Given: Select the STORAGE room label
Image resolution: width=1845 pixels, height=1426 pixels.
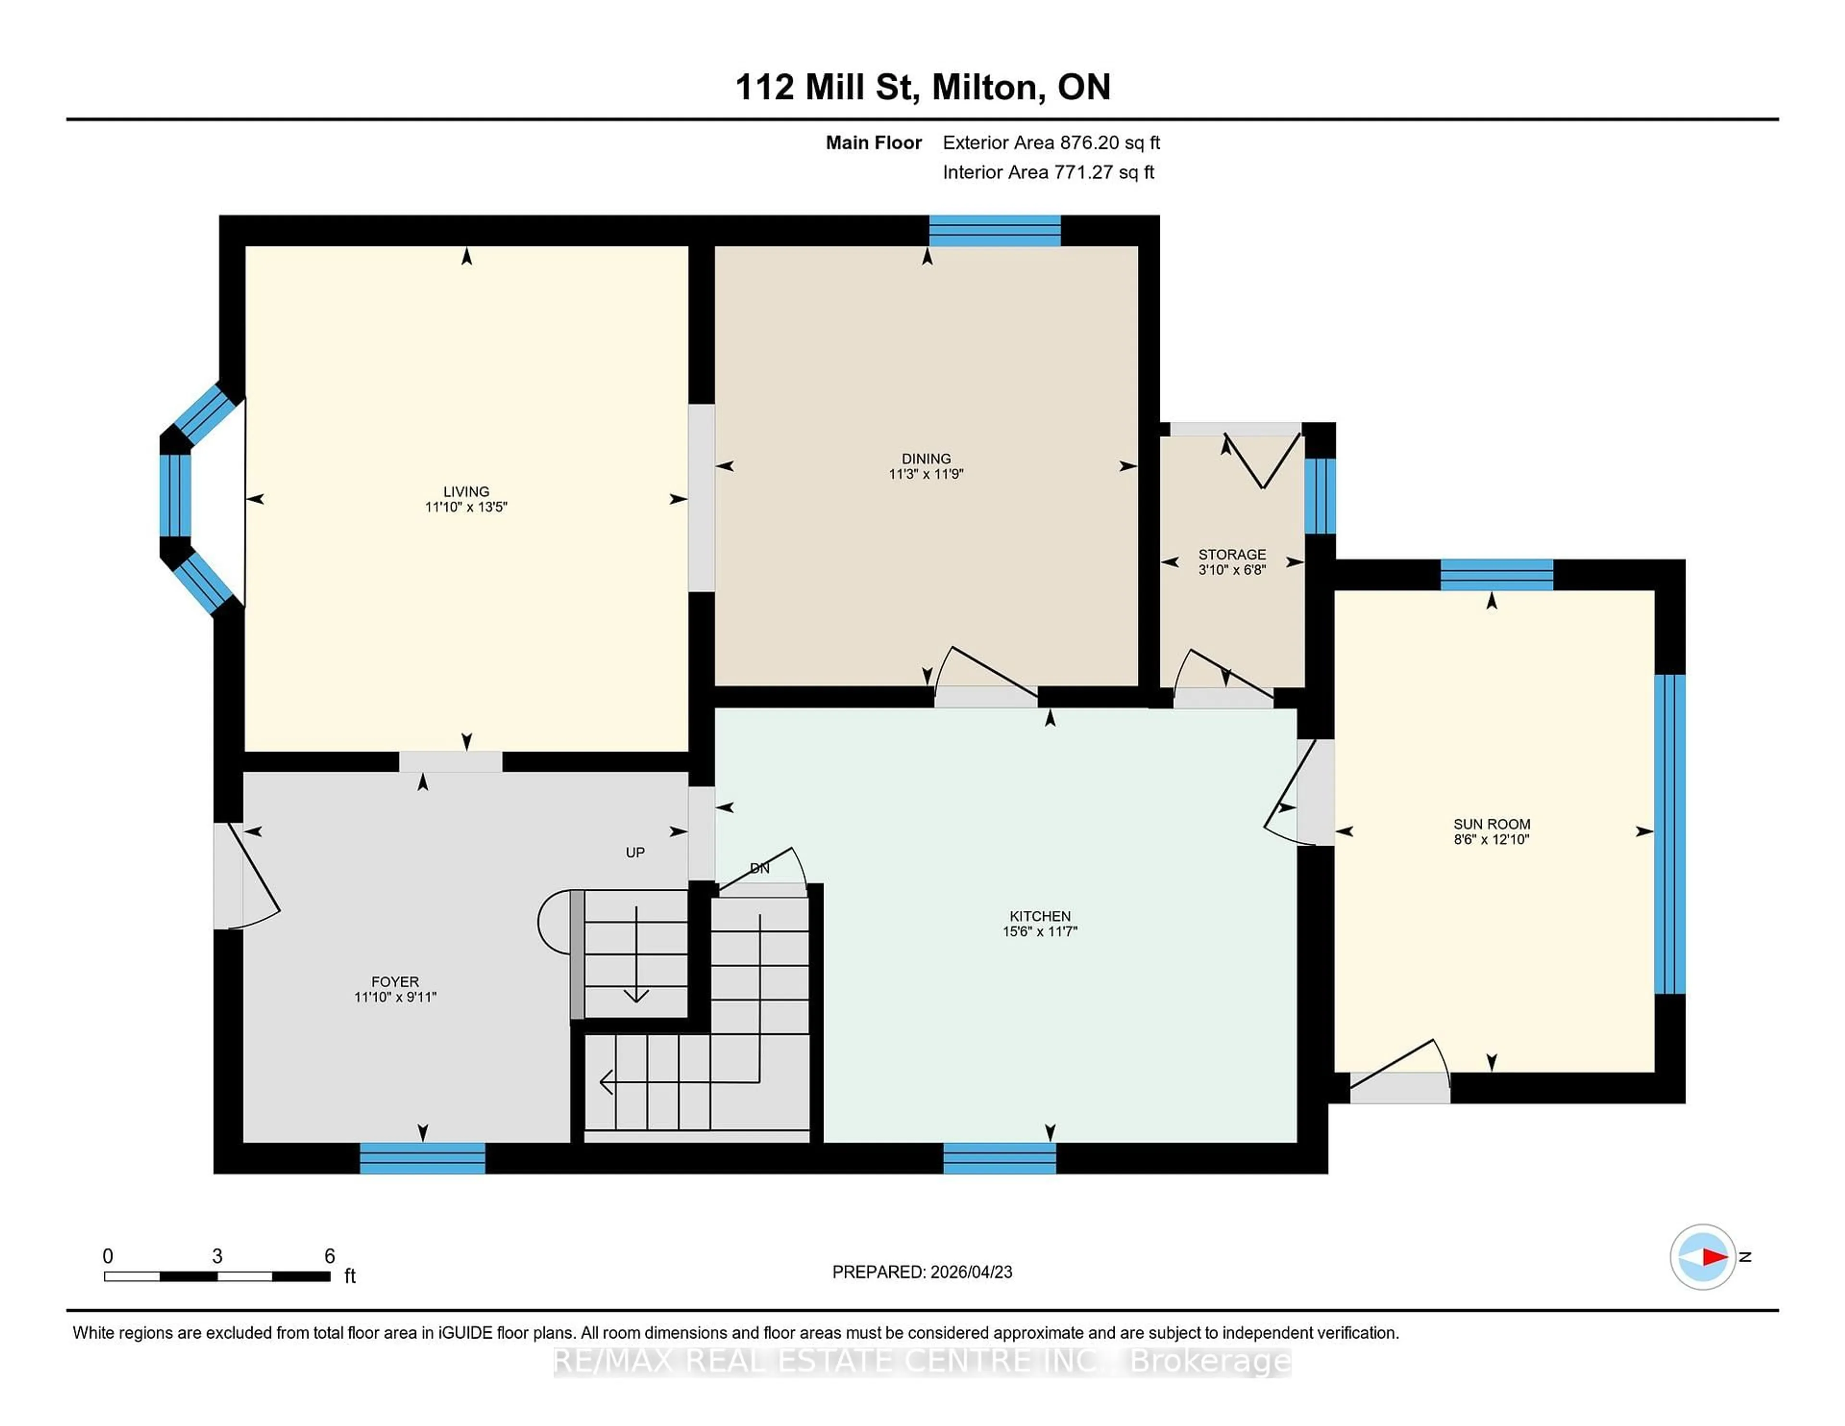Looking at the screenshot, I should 1232,554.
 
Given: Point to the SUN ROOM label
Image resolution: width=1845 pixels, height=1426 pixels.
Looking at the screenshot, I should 1491,824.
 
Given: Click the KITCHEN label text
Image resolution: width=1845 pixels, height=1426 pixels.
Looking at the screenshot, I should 1040,916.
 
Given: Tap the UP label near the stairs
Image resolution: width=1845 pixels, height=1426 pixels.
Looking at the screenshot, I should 635,852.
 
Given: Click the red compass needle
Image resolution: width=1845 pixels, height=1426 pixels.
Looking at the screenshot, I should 1714,1257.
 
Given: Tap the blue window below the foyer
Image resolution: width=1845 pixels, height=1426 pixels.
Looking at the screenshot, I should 422,1158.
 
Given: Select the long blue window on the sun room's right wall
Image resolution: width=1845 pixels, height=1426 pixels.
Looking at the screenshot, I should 1669,834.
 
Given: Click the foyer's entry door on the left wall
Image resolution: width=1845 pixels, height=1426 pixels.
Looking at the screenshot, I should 228,876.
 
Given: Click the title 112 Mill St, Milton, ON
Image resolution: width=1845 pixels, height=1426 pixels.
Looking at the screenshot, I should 922,87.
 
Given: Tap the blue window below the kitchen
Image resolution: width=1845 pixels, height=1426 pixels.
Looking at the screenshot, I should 999,1158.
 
